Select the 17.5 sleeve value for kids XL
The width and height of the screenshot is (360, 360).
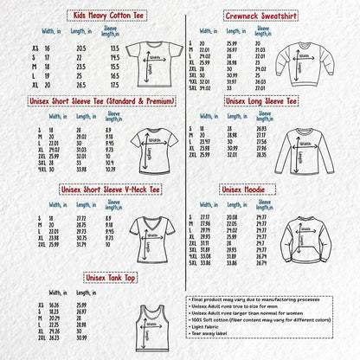tap(112, 85)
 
